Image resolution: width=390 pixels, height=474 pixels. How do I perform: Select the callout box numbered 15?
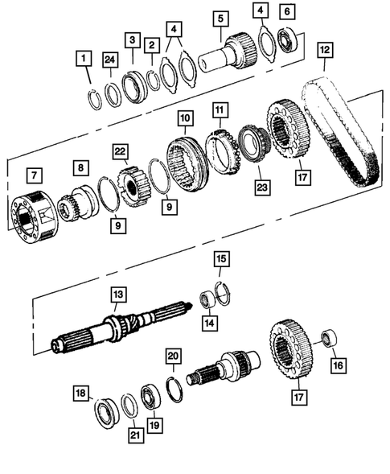tap(220, 259)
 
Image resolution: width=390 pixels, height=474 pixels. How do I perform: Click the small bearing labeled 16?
tap(329, 337)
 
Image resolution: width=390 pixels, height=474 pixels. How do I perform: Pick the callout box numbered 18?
tap(81, 394)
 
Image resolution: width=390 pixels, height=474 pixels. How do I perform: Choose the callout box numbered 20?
tap(173, 355)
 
